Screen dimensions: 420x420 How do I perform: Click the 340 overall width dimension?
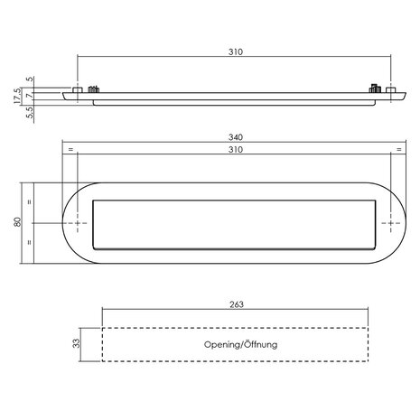coord(235,136)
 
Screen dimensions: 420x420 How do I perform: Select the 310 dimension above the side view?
coord(235,52)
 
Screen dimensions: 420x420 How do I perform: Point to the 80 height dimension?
coord(16,221)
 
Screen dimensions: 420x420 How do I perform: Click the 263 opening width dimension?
coord(238,306)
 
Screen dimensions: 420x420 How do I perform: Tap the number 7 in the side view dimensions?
coord(30,94)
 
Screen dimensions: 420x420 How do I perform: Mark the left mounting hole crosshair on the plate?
coord(77,221)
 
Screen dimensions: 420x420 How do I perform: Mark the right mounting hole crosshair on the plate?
coord(392,221)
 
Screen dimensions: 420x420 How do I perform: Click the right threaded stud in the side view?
coord(374,89)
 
